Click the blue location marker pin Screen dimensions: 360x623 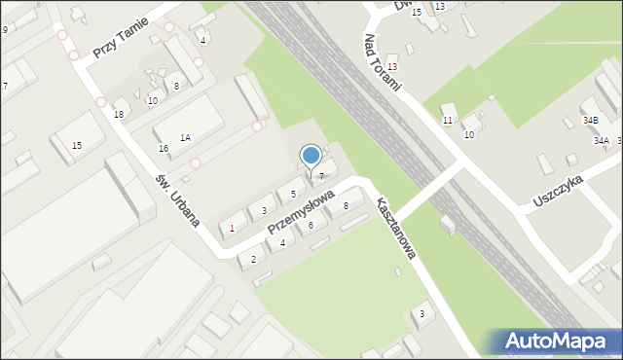click(x=311, y=156)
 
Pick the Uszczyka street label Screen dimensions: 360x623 click(x=558, y=192)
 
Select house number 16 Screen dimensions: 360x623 click(x=164, y=149)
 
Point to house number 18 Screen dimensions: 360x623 click(x=119, y=115)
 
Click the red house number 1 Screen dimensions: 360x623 click(x=232, y=229)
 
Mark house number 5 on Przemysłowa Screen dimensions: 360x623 click(x=292, y=195)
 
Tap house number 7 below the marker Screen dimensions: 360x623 click(x=320, y=175)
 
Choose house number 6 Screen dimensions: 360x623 click(x=311, y=226)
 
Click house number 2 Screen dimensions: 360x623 click(x=253, y=259)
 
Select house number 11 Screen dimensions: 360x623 click(x=448, y=120)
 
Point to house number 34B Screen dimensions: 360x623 click(x=590, y=120)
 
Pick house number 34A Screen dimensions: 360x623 click(x=602, y=141)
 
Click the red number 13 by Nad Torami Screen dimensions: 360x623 click(x=392, y=66)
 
